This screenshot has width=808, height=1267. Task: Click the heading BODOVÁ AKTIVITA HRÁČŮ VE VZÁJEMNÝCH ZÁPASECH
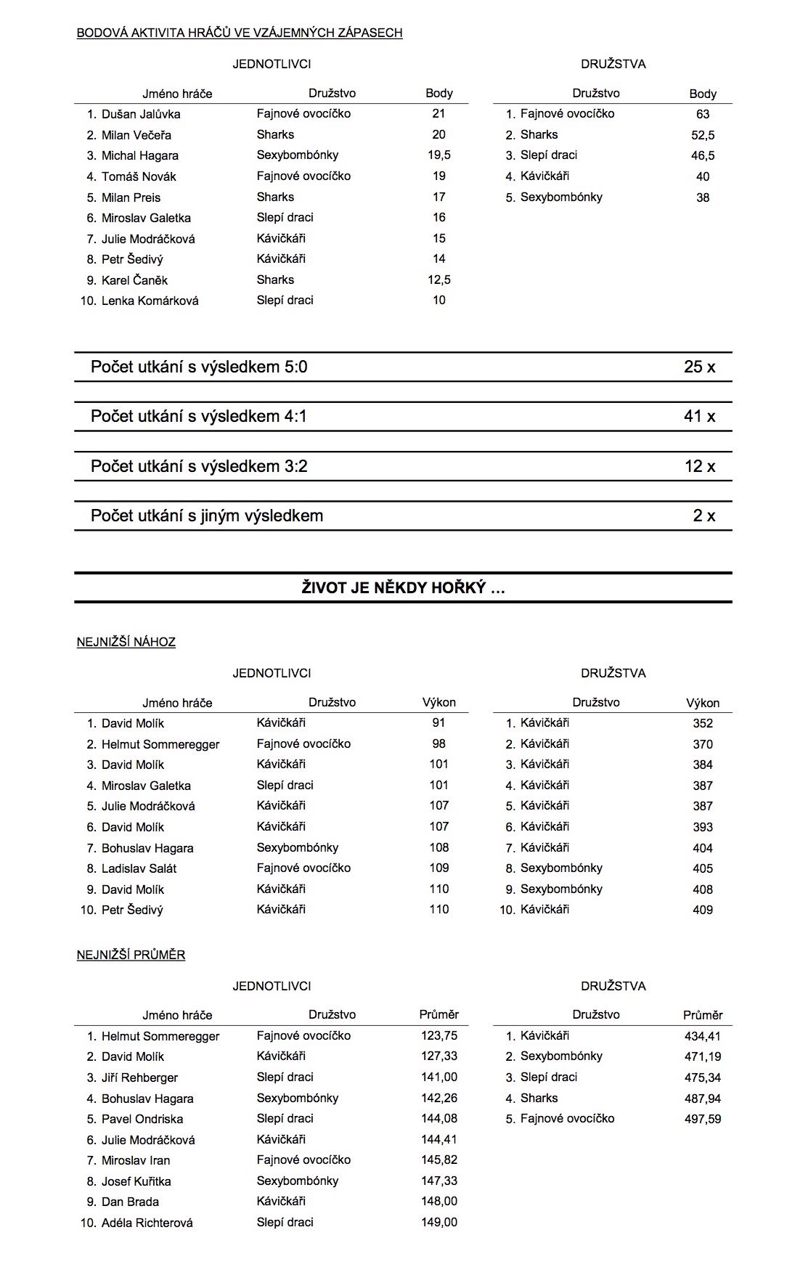(240, 33)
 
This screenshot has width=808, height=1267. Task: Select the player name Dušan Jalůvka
(141, 114)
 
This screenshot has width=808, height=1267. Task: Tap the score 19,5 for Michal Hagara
(439, 155)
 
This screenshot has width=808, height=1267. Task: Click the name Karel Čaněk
(134, 280)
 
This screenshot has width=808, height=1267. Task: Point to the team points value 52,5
(703, 135)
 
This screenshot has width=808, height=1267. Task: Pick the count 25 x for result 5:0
(699, 367)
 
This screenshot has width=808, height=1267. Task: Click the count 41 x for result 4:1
(699, 416)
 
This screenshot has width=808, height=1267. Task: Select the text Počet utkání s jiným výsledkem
(207, 516)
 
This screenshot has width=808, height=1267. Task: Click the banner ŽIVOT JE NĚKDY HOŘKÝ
(403, 588)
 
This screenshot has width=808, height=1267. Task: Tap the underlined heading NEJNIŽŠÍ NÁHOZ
(126, 642)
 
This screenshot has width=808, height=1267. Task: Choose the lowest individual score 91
(438, 723)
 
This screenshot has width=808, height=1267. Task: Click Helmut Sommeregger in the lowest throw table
(160, 744)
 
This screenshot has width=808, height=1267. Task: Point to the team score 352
(703, 723)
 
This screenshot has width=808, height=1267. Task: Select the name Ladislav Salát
(139, 868)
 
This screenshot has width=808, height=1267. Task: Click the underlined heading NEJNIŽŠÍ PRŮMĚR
(131, 955)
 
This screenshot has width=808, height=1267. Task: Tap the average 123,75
(439, 1036)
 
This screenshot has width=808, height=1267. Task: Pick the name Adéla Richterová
(147, 1223)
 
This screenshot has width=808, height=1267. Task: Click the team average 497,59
(703, 1119)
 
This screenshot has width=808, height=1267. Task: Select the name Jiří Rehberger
(139, 1077)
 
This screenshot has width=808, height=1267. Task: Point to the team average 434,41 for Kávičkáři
(703, 1036)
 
